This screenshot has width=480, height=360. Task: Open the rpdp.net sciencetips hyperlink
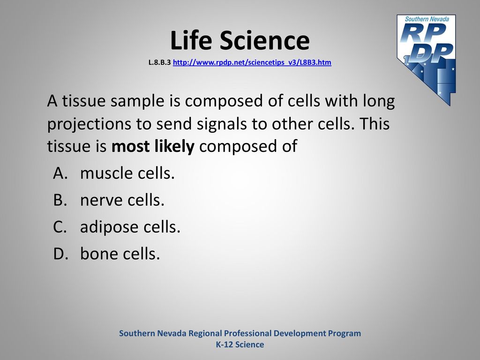[x=252, y=62]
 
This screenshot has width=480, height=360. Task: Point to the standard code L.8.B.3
[x=159, y=62]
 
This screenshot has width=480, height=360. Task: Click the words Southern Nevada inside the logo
[x=427, y=19]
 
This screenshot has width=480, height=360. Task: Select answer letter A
[x=60, y=173]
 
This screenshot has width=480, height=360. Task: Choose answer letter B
[x=60, y=200]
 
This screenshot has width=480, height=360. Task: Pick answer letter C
[x=60, y=227]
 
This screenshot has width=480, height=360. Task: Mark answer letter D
[x=60, y=254]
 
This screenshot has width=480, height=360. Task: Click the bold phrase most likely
[x=153, y=147]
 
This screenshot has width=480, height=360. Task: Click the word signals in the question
[x=220, y=124]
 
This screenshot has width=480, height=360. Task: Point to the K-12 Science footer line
[x=240, y=345]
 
